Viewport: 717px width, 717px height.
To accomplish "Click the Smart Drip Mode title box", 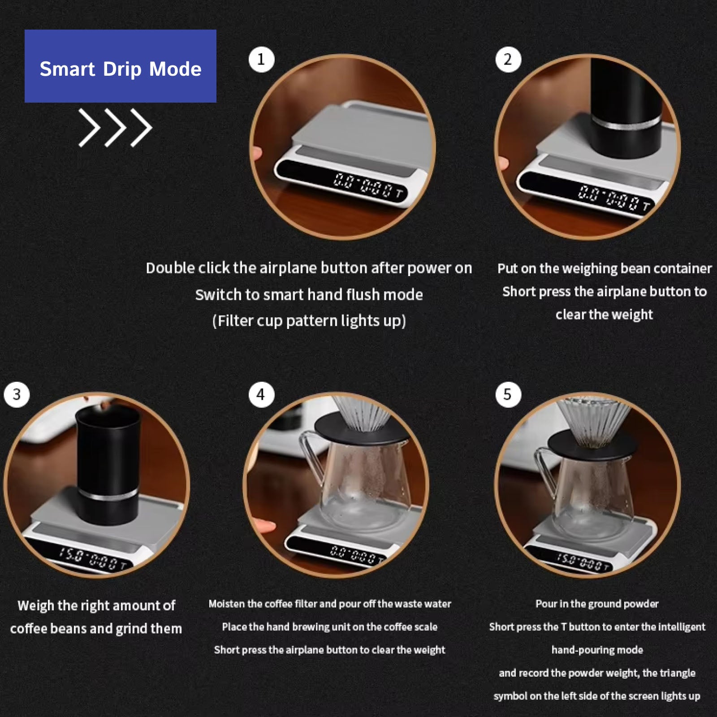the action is click(x=121, y=66).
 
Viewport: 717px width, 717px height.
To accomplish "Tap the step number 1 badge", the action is click(x=262, y=60).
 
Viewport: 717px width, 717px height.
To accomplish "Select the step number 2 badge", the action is click(x=508, y=60).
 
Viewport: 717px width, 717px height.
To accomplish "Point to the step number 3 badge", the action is click(x=17, y=395).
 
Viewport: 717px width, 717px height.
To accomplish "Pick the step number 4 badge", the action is click(x=262, y=395).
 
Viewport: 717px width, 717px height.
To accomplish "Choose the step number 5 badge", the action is click(x=508, y=395).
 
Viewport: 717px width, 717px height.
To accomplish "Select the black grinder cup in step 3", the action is click(x=108, y=466).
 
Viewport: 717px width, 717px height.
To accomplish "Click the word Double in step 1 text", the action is click(x=170, y=268).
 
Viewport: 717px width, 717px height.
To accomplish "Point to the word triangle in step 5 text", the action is click(x=677, y=673).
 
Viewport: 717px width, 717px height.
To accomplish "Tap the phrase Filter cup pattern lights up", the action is click(x=309, y=321).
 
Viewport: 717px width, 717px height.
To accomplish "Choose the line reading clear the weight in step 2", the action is click(x=604, y=315).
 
